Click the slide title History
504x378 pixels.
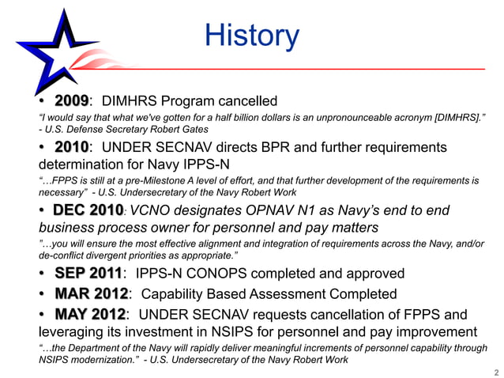(x=252, y=36)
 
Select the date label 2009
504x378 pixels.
(x=71, y=101)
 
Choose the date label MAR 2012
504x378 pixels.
(x=90, y=294)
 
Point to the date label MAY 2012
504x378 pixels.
(x=90, y=315)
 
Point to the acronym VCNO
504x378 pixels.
(x=156, y=210)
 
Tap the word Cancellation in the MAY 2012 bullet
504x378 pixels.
(x=369, y=315)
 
